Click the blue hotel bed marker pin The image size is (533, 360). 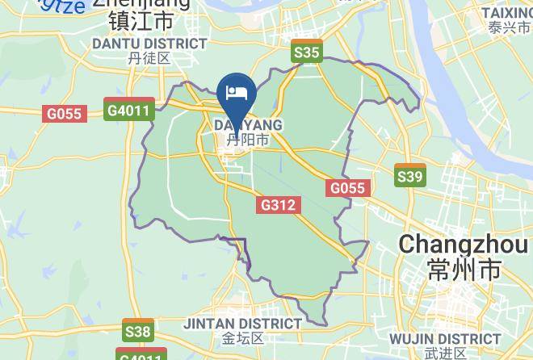coord(237,91)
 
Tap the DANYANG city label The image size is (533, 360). coord(248,125)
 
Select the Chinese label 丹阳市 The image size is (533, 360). coord(248,140)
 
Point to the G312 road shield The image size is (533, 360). coord(278,206)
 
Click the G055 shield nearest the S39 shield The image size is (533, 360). coord(348,188)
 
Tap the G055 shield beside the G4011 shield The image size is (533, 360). coord(64,114)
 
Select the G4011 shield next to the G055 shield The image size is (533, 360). coord(129,109)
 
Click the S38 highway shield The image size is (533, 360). coord(138,330)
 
